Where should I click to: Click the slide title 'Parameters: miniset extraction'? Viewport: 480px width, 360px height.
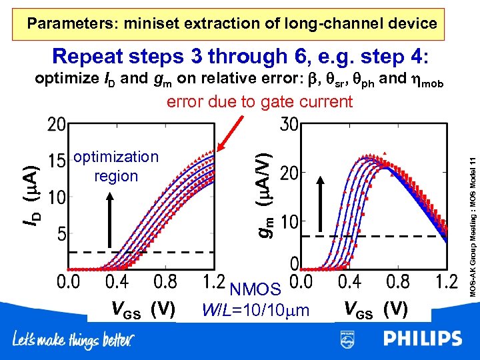click(x=232, y=24)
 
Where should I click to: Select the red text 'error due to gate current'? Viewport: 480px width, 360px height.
click(x=259, y=102)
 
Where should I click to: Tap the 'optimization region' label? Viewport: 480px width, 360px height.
click(x=116, y=166)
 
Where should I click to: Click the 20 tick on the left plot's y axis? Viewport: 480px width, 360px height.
click(x=57, y=125)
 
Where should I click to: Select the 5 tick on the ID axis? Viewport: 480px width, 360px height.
click(x=61, y=235)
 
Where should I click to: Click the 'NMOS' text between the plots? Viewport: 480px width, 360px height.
click(x=255, y=290)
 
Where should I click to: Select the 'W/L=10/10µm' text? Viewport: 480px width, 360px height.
click(x=256, y=310)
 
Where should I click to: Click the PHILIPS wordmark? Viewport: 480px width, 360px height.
click(x=422, y=339)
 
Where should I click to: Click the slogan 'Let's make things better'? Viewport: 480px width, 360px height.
click(x=73, y=341)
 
